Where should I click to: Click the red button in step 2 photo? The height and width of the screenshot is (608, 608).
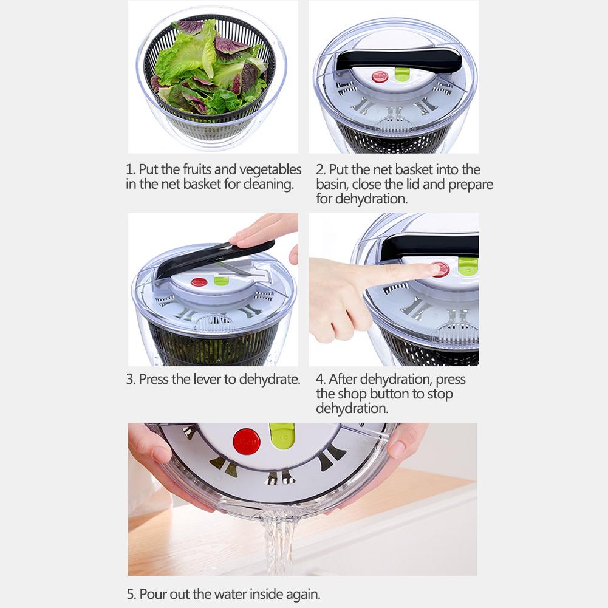380,77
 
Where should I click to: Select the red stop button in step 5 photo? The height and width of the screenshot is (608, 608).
246,442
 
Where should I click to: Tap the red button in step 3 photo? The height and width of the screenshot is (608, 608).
199,282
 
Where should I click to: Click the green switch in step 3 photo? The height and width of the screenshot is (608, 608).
221,280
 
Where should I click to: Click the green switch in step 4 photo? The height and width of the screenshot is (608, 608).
468,266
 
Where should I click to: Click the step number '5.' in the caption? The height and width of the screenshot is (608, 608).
131,594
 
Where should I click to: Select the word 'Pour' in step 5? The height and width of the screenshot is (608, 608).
153,594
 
